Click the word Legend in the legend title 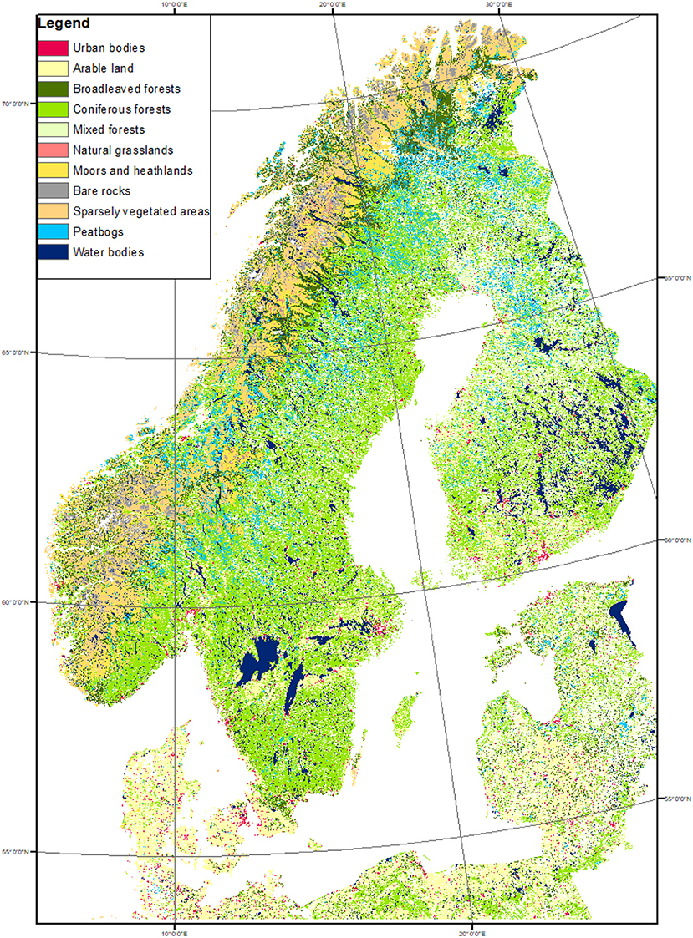(63, 24)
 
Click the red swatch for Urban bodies (54, 48)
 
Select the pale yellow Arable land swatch (54, 68)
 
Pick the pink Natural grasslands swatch (54, 150)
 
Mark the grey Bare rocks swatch (54, 190)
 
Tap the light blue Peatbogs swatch (54, 231)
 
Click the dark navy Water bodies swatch (54, 252)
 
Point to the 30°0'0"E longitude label (498, 4)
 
